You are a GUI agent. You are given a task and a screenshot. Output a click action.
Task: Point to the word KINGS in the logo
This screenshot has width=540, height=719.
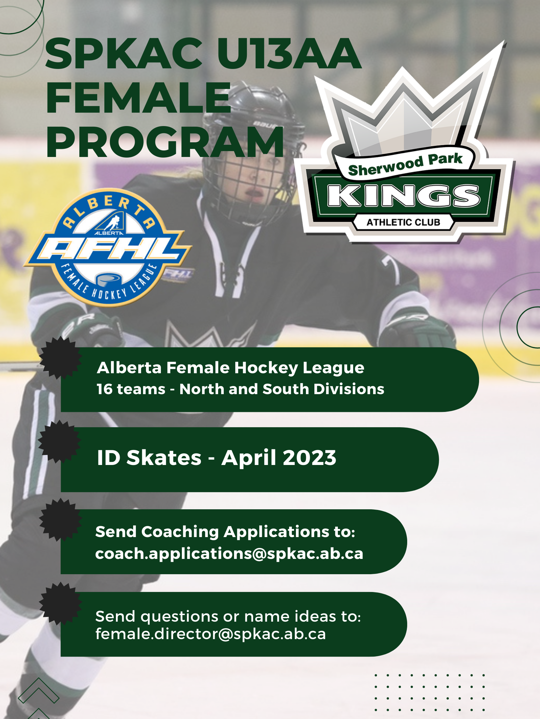(403, 196)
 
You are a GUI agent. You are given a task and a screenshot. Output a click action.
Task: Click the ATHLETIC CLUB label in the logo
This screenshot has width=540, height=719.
(403, 222)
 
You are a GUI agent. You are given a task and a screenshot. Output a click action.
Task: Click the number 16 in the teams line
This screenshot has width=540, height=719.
(104, 389)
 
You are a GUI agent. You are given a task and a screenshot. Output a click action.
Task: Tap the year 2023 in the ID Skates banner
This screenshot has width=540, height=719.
(310, 458)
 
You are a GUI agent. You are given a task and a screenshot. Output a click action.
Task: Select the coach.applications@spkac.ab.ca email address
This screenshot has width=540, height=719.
(229, 554)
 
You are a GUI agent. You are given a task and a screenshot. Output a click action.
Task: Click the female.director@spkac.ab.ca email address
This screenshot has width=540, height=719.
(211, 634)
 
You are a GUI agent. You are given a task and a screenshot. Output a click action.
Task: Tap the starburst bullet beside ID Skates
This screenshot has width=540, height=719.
(59, 441)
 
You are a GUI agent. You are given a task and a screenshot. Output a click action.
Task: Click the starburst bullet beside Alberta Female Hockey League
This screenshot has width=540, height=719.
(60, 358)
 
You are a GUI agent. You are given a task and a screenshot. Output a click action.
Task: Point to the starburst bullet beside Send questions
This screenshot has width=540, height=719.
(60, 604)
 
